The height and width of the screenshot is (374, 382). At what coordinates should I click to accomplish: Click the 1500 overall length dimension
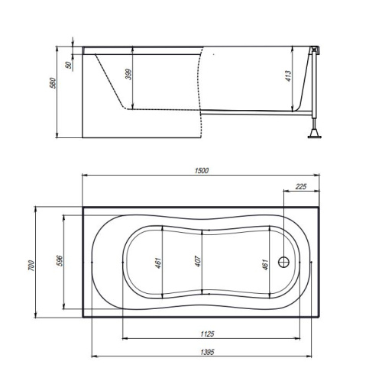(x=202, y=170)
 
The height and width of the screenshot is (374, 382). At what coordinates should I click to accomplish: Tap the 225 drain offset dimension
(x=301, y=186)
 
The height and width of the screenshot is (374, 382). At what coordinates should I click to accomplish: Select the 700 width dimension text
(x=31, y=266)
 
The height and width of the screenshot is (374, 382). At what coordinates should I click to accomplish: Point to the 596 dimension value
(x=59, y=260)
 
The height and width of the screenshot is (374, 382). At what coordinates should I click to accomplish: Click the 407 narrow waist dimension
(x=198, y=261)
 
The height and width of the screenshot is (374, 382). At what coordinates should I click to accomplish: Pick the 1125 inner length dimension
(x=207, y=334)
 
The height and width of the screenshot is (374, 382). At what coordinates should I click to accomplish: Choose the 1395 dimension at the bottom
(x=207, y=352)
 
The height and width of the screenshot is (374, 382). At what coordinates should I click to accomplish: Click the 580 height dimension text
(x=52, y=83)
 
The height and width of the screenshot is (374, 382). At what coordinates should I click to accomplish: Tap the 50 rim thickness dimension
(x=69, y=65)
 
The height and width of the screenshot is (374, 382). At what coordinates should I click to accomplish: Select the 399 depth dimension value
(x=129, y=74)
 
